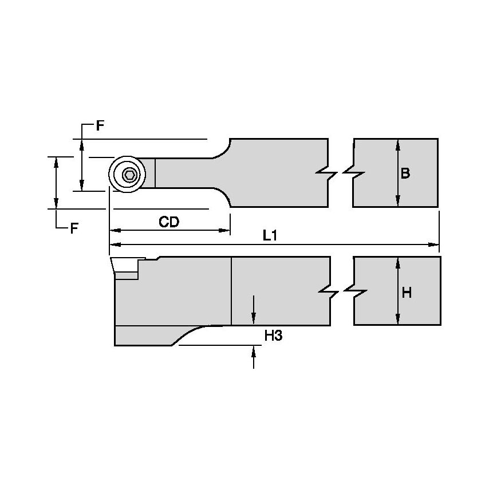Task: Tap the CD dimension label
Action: click(x=169, y=222)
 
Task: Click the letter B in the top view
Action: click(x=405, y=173)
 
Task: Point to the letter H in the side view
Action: click(x=407, y=293)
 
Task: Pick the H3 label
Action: click(x=273, y=336)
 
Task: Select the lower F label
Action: click(x=74, y=229)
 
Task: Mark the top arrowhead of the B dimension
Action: click(x=397, y=143)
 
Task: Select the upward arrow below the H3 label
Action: click(x=254, y=350)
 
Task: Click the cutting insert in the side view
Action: click(x=126, y=266)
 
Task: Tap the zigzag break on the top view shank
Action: click(x=341, y=172)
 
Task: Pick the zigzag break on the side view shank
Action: click(x=342, y=292)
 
